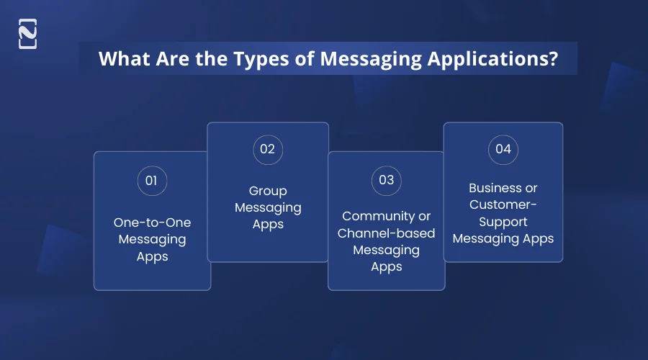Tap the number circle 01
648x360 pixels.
coord(152,181)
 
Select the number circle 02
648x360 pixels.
coord(268,150)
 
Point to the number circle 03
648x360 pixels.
coord(387,180)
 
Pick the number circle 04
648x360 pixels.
coord(503,150)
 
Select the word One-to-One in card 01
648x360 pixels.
coord(152,222)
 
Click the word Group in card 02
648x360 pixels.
coord(268,191)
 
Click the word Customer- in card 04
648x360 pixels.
coord(503,205)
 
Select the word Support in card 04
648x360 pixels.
coord(503,222)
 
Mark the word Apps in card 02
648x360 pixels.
coord(268,224)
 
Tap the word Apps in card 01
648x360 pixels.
coord(152,256)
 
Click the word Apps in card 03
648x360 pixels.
coord(387,266)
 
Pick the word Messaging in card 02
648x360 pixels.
coord(268,207)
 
